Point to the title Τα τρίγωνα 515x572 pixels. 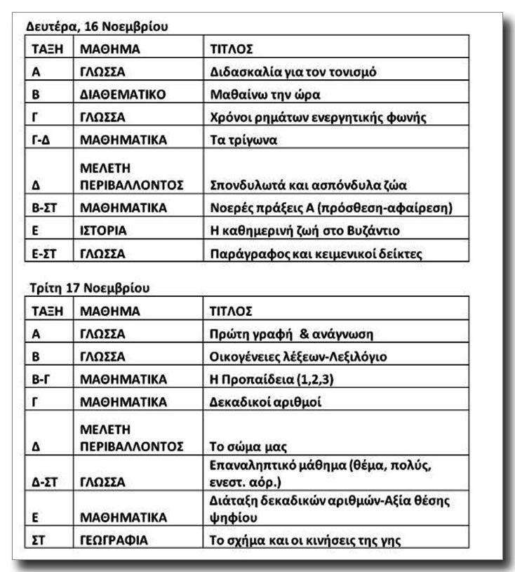pos(244,140)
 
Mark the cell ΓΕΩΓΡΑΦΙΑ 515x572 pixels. pos(112,540)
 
